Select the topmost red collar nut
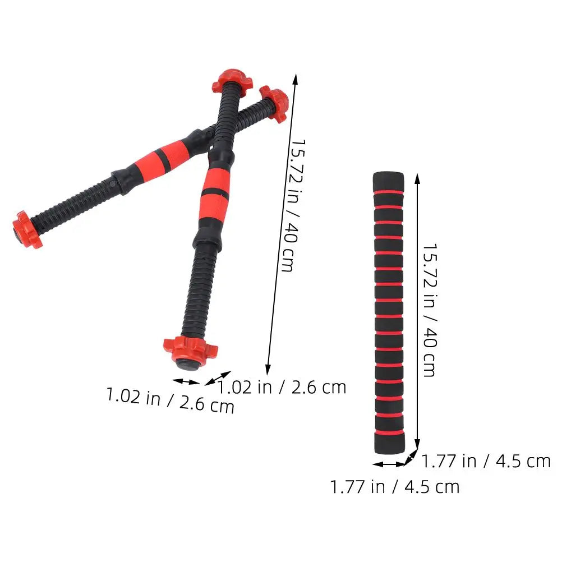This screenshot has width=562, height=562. (228, 81)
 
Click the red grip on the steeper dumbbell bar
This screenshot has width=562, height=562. (216, 187)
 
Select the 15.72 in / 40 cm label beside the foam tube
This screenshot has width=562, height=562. (429, 310)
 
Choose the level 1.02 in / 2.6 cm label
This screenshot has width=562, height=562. (282, 387)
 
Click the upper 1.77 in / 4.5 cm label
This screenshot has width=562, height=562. (486, 461)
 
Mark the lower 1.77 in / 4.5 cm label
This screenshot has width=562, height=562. (395, 486)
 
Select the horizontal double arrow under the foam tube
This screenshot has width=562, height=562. (389, 464)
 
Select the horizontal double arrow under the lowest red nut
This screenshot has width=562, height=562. (186, 381)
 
